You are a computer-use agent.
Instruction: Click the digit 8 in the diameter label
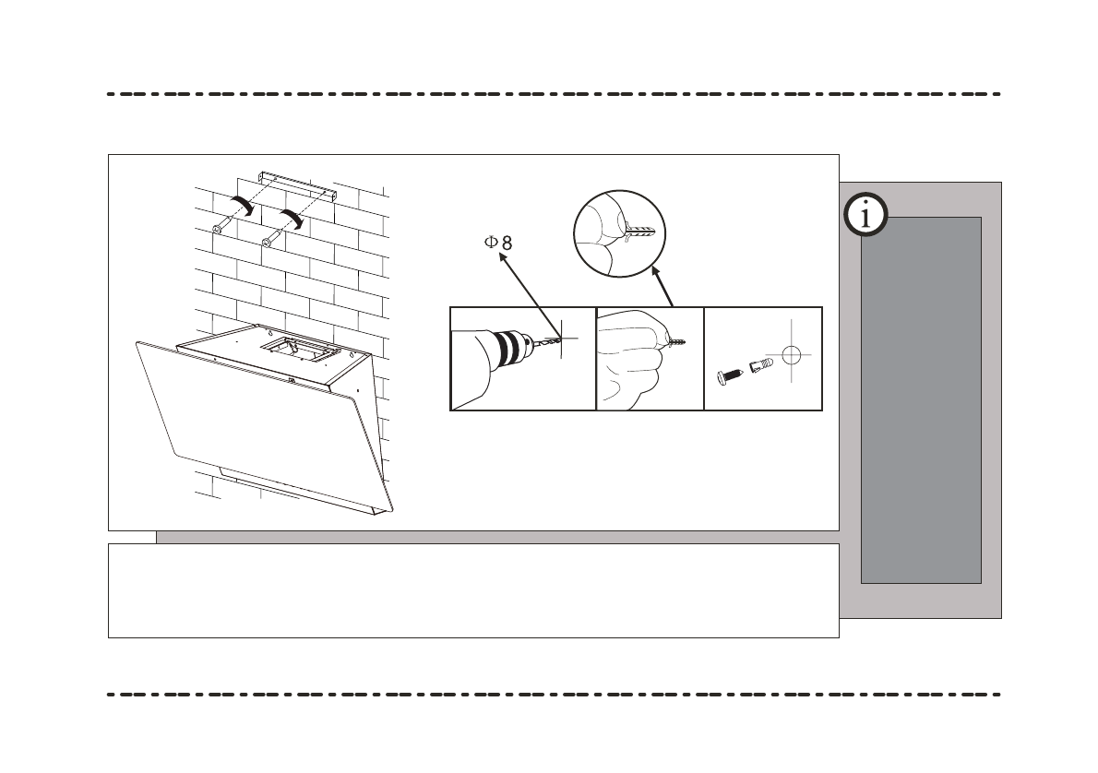point(507,243)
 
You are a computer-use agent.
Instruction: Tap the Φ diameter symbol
point(492,243)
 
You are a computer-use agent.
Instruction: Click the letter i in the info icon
point(865,216)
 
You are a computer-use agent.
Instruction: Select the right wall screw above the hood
point(268,242)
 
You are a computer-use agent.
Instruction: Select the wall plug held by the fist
point(675,342)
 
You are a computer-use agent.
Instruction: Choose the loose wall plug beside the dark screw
point(759,367)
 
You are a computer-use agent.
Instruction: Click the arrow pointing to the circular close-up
point(662,286)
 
